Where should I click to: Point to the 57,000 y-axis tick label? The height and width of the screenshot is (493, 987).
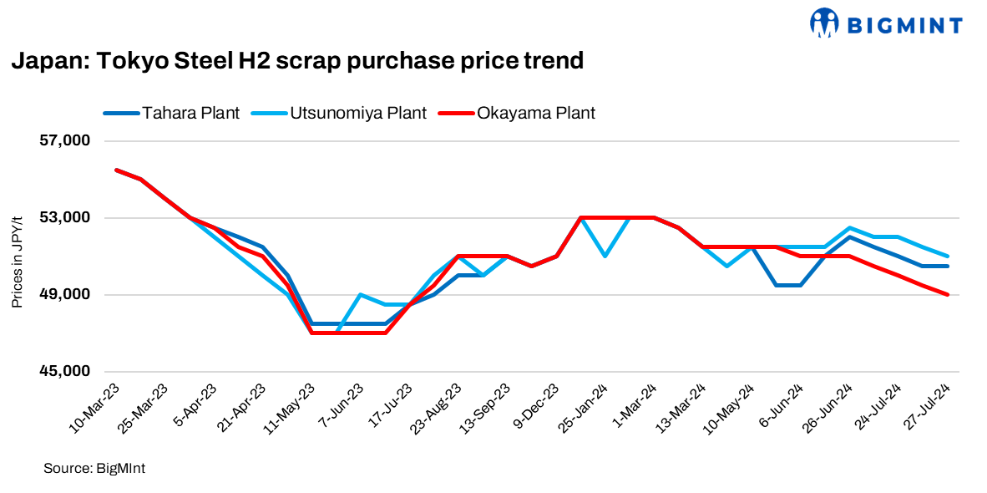(65, 141)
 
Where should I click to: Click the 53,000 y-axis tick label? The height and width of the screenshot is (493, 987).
(65, 218)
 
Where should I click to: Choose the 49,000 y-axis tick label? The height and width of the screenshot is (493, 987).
(65, 295)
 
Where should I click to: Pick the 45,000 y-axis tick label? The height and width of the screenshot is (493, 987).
(65, 372)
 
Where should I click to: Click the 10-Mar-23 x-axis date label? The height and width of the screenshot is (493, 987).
(94, 407)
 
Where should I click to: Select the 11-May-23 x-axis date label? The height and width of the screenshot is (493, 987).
(290, 407)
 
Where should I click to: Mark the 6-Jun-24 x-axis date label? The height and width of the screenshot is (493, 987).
(781, 405)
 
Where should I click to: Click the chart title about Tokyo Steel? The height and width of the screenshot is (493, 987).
(296, 61)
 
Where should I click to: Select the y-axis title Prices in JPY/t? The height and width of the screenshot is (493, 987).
(17, 261)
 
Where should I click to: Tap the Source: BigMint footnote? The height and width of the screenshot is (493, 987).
(94, 469)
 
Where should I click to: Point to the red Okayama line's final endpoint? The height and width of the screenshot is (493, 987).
(947, 294)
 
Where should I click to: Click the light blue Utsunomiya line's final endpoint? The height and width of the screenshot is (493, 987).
(947, 256)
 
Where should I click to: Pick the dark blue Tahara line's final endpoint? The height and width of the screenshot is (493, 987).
(947, 266)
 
